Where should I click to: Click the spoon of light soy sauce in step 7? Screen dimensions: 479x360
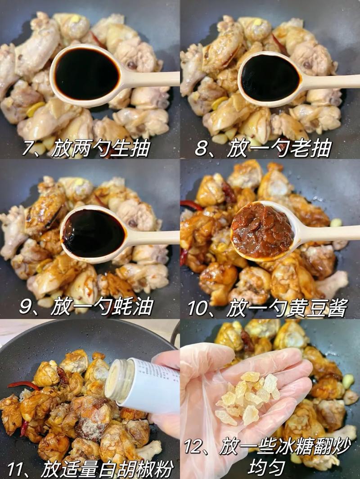(x=86, y=75)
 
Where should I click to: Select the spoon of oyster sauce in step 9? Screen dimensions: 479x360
(x=94, y=233)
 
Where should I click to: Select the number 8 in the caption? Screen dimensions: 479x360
(x=202, y=148)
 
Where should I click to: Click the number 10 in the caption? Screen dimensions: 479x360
(x=198, y=308)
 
